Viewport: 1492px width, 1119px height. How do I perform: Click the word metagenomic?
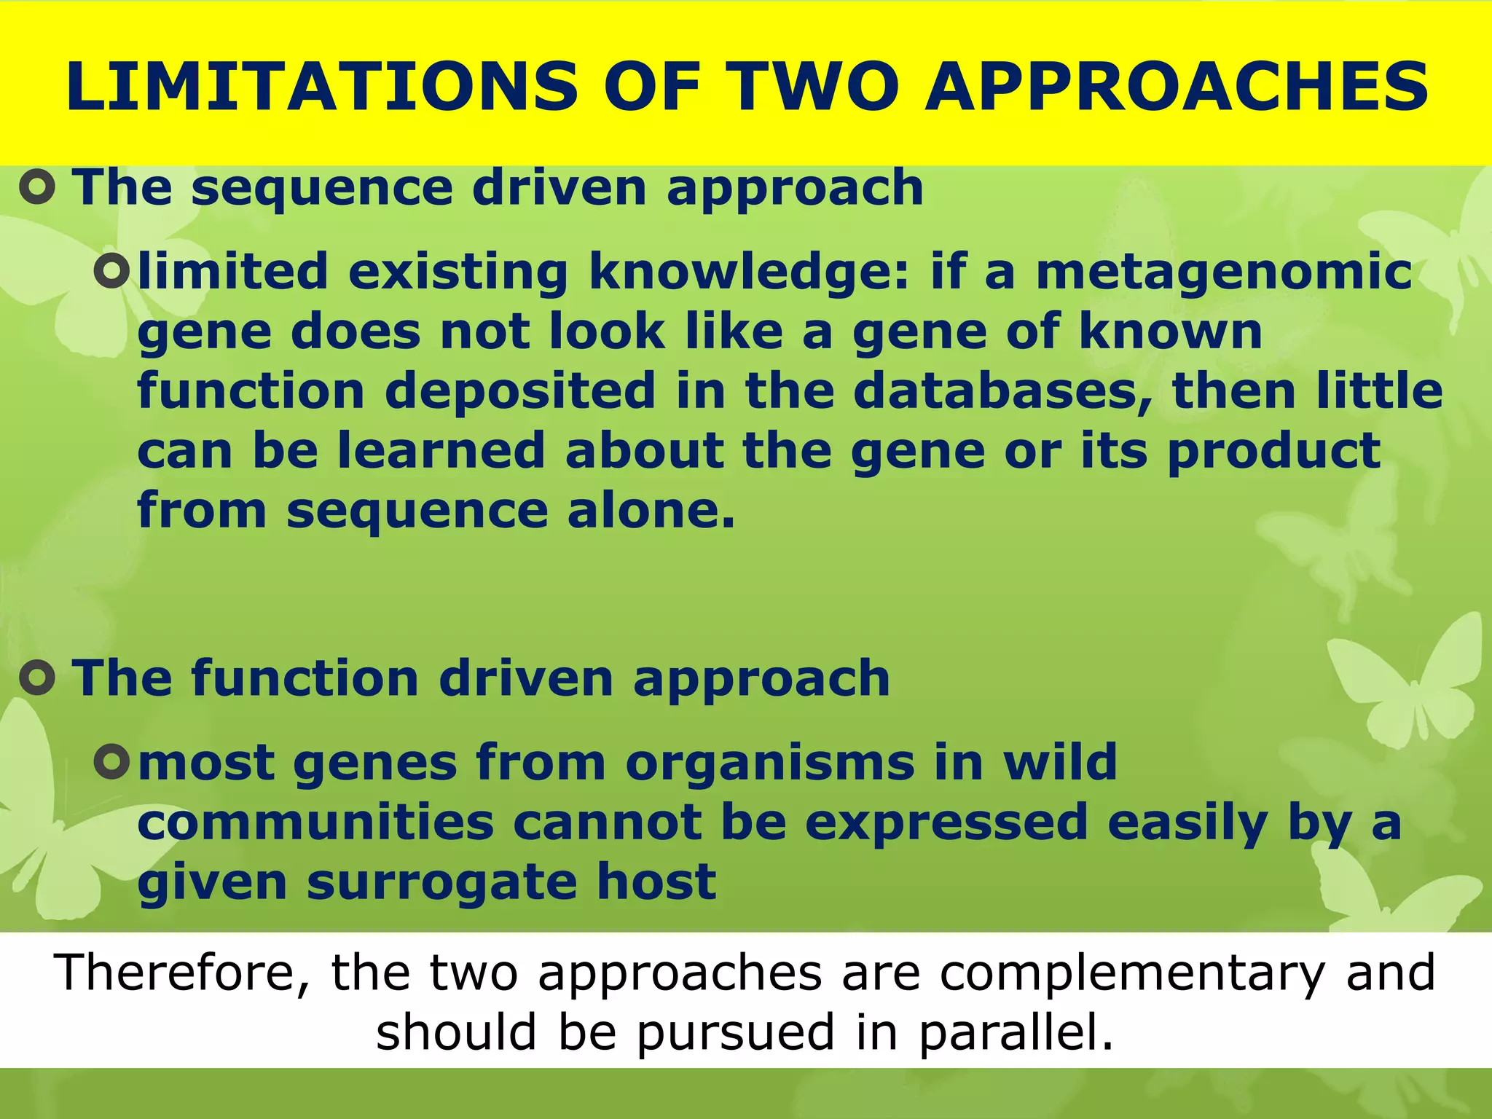[1224, 272]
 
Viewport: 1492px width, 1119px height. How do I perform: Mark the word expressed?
[947, 822]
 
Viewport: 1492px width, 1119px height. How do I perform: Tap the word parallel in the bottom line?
[1016, 1033]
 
